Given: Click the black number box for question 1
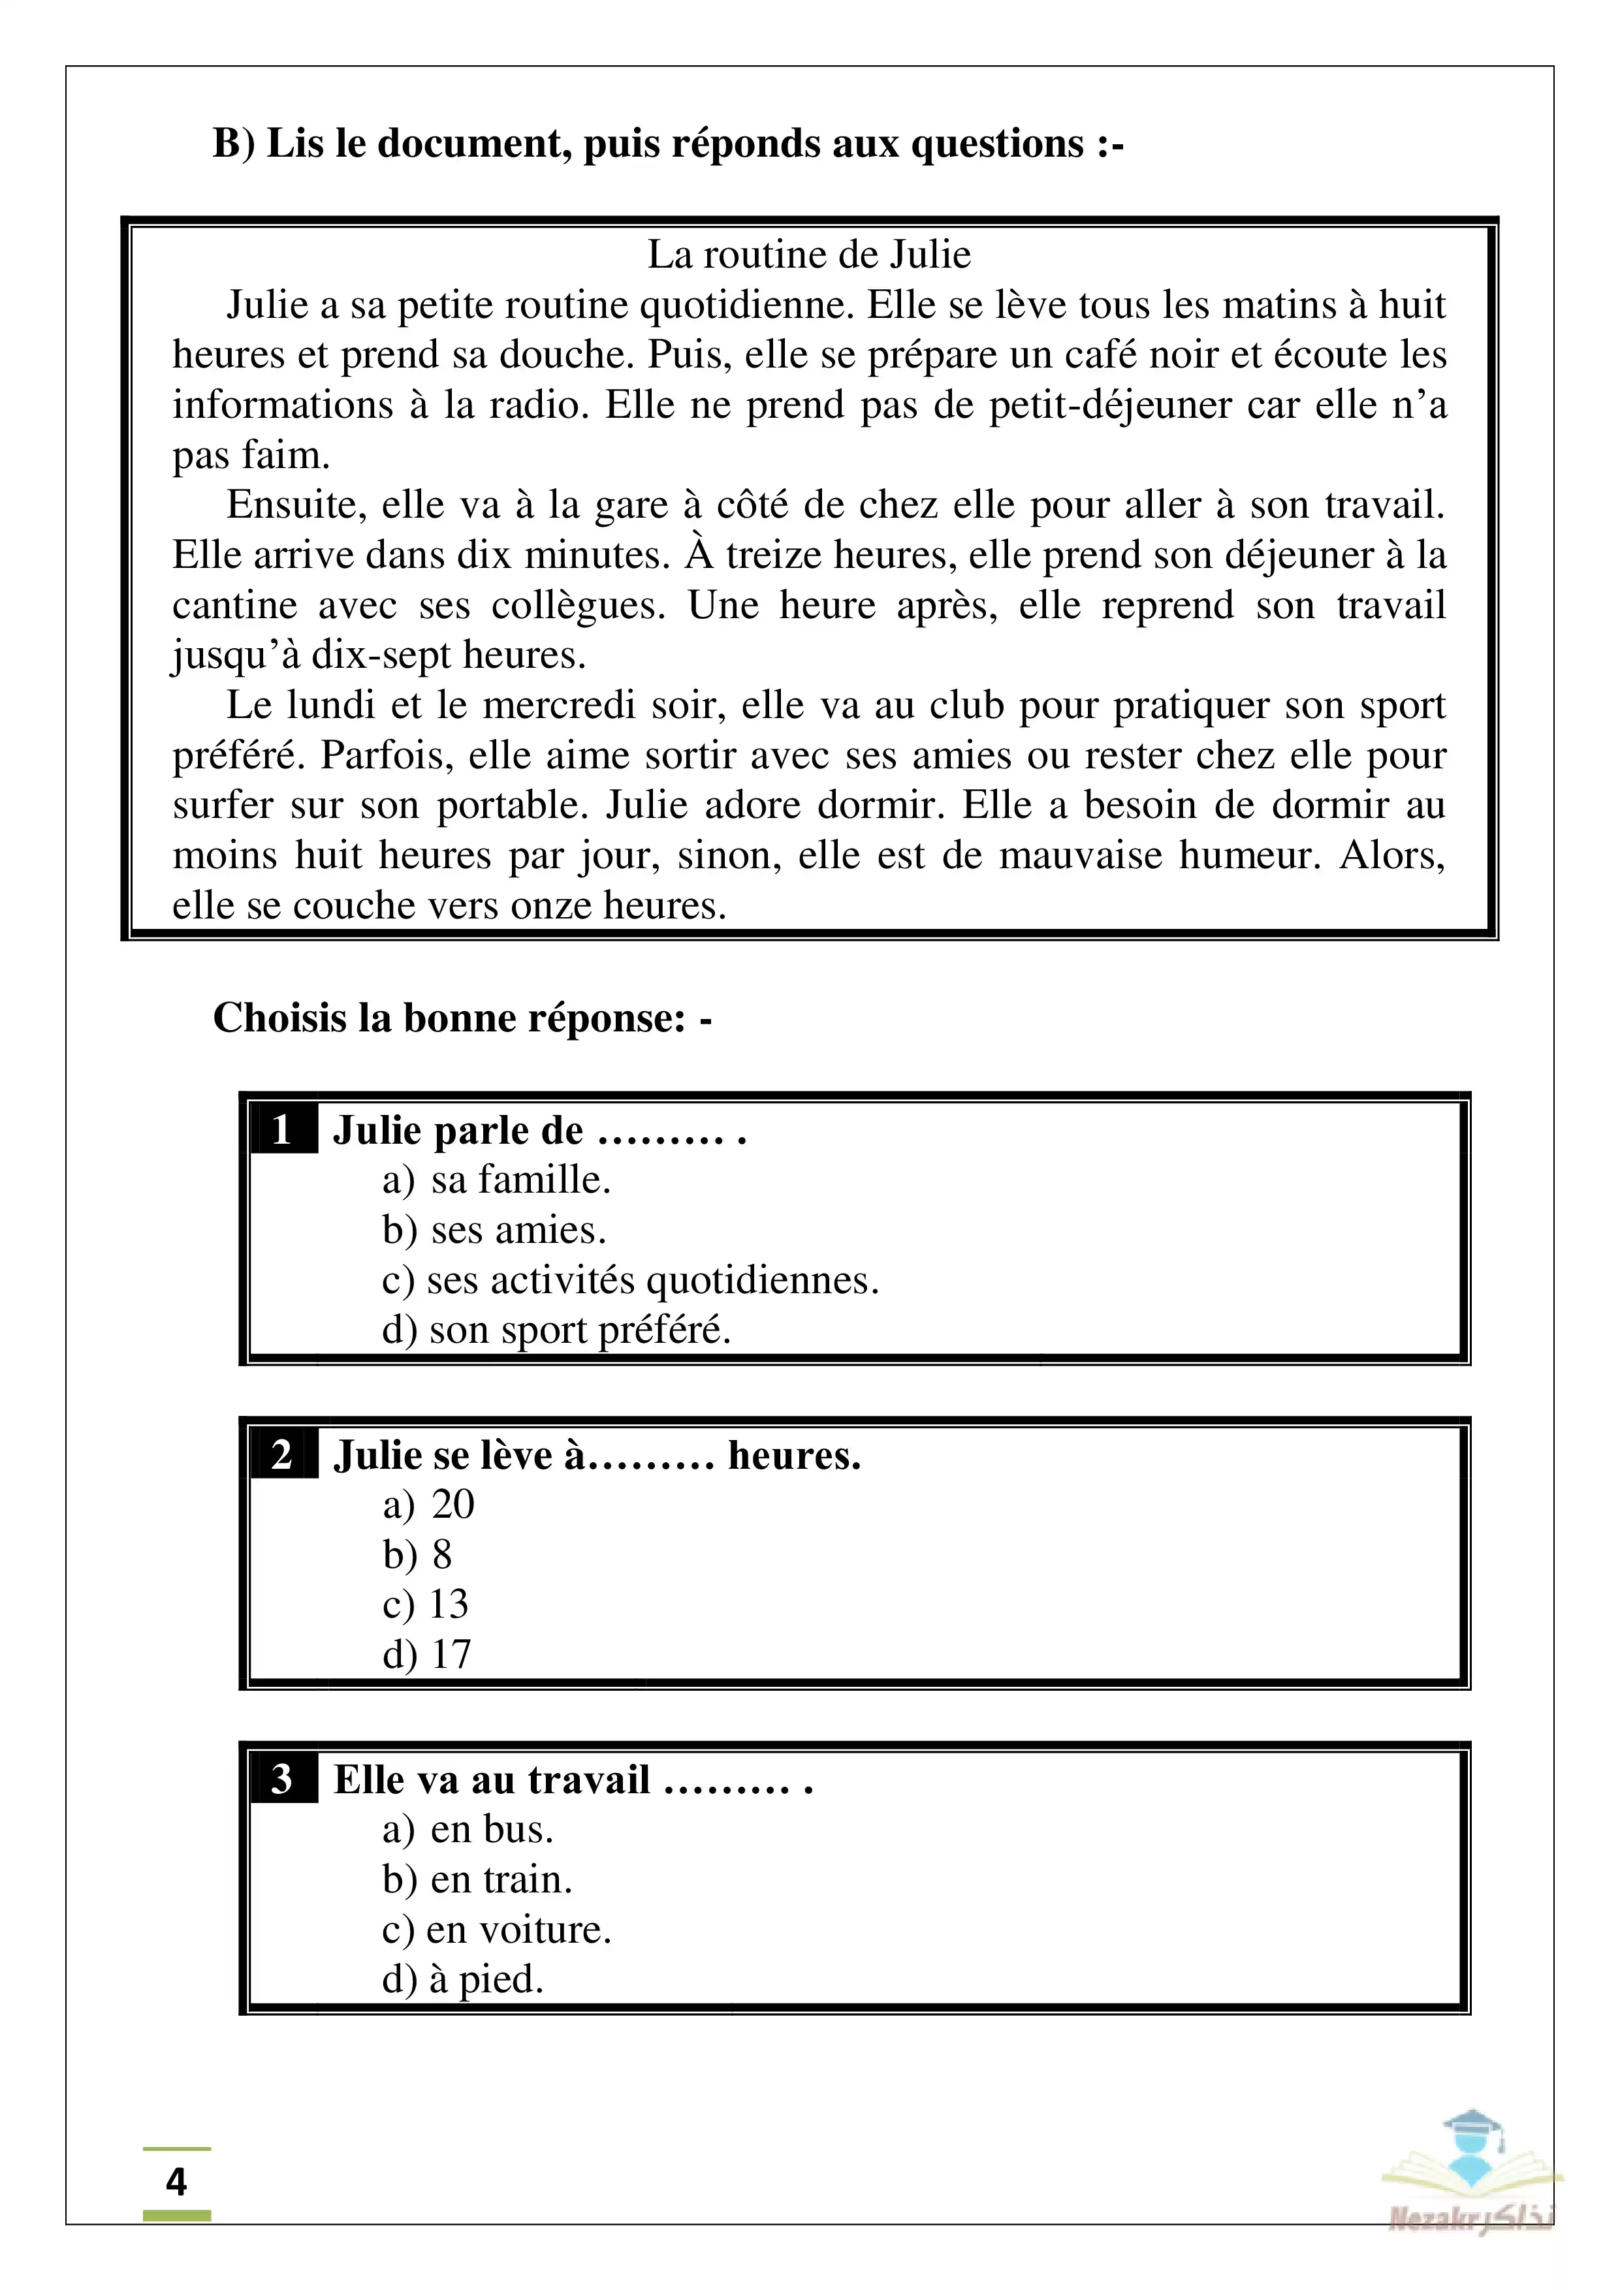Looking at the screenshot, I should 282,1130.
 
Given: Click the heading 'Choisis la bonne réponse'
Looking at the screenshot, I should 462,1018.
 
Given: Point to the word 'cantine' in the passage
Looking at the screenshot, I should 236,605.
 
